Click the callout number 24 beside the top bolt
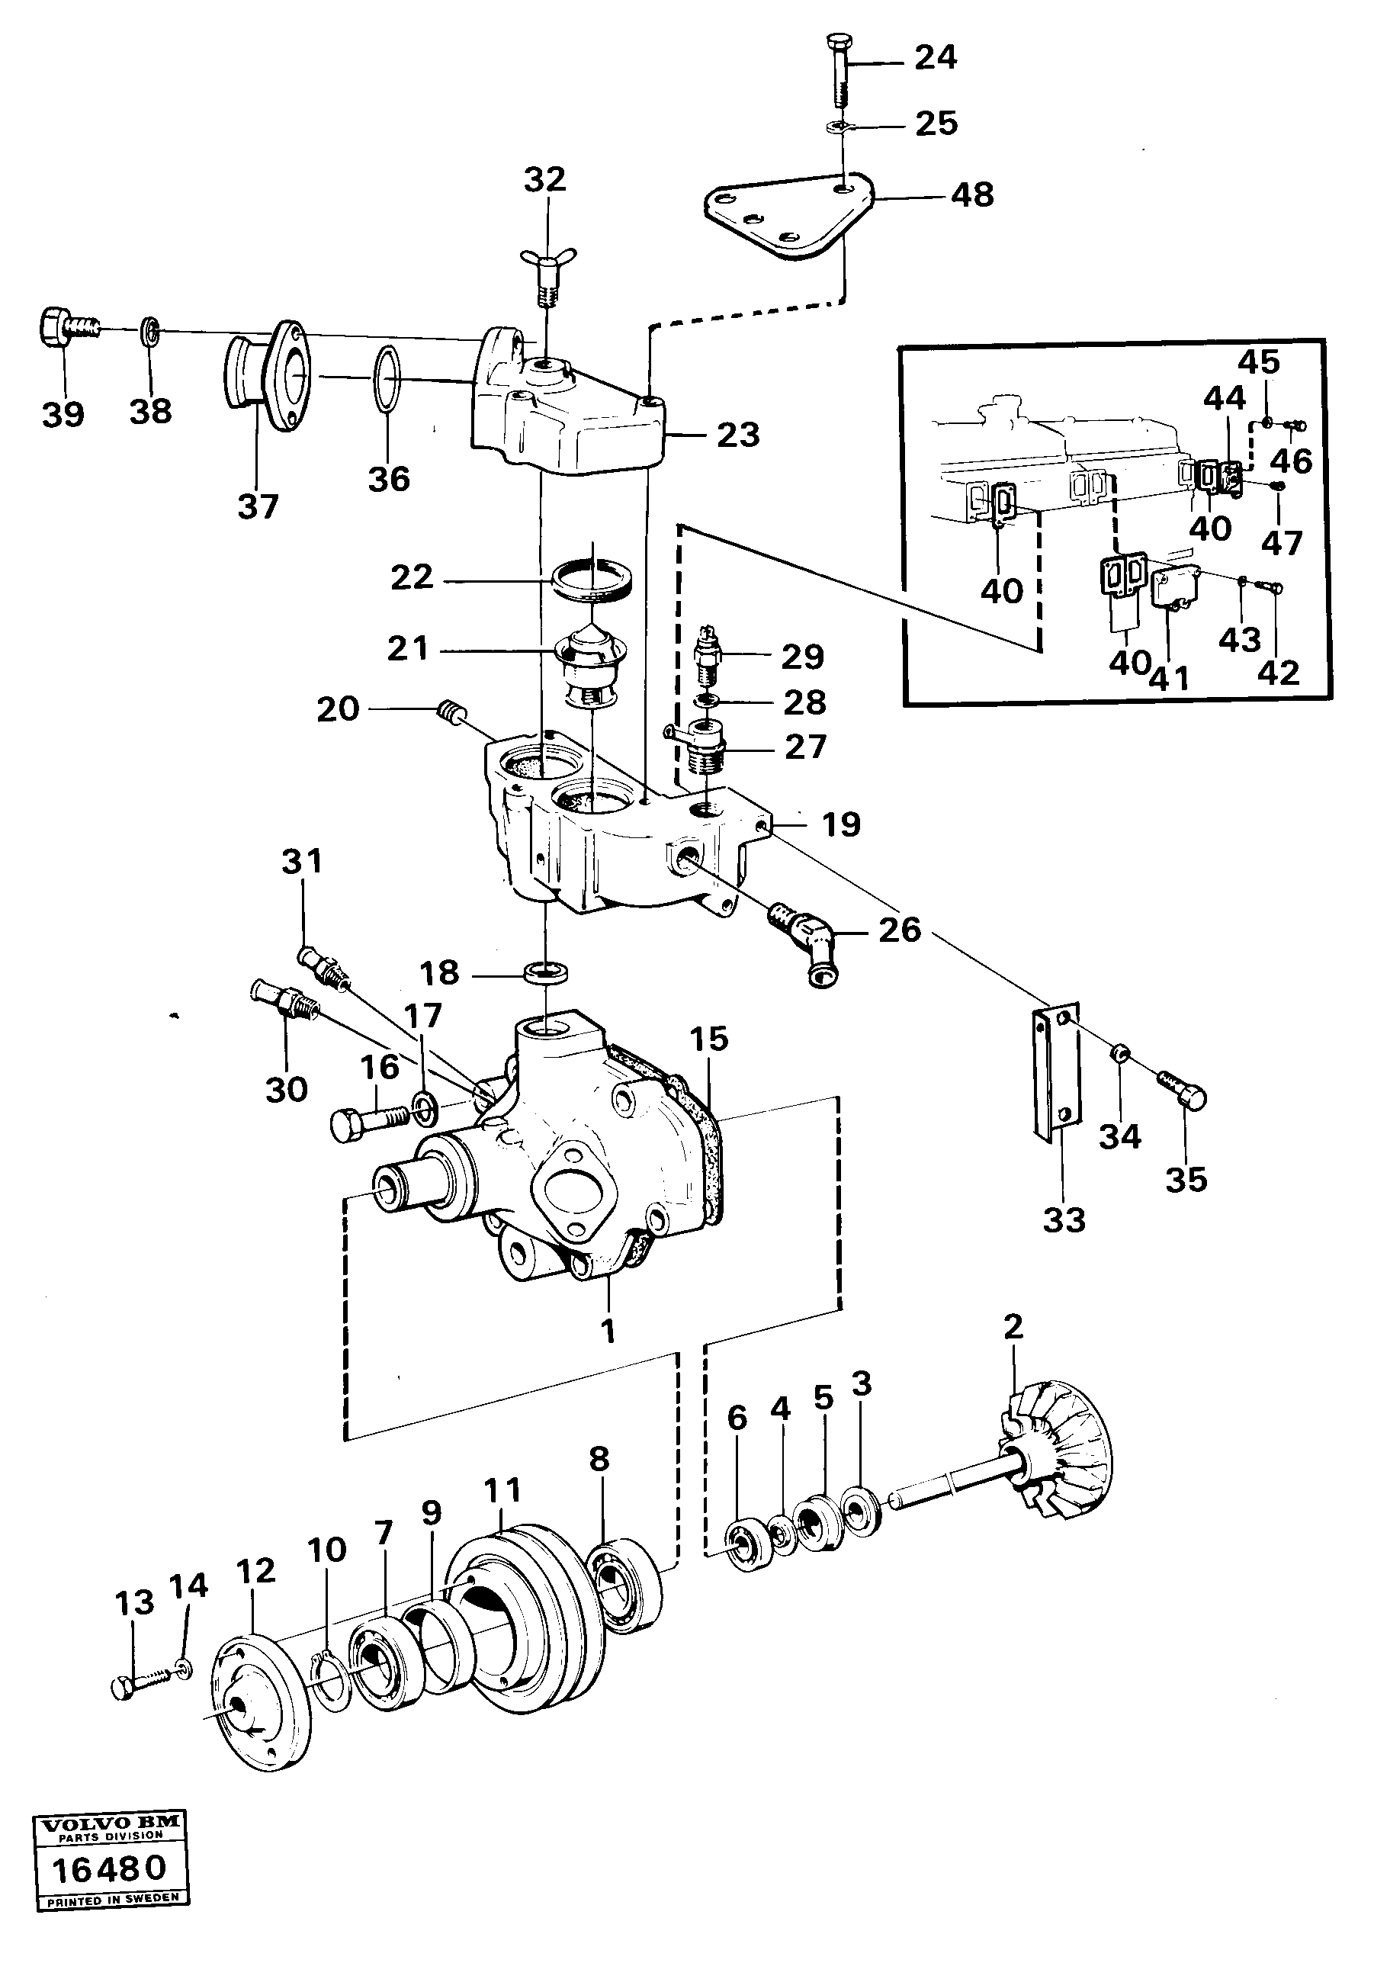click(x=936, y=58)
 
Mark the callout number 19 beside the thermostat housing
click(x=840, y=824)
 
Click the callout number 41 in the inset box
click(x=1169, y=678)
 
